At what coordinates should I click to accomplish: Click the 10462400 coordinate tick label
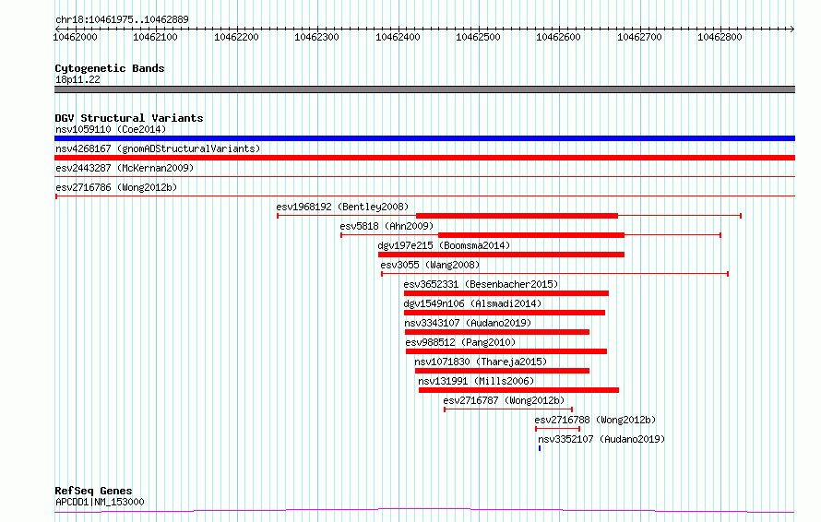pos(398,37)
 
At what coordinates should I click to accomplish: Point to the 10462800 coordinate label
pos(720,37)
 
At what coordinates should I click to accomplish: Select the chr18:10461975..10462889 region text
pos(122,20)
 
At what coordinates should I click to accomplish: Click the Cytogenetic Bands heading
pos(110,68)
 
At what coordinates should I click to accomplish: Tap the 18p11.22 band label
pos(77,79)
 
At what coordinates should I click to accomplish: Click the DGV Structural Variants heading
pos(129,118)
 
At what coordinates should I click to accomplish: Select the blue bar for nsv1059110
pos(424,138)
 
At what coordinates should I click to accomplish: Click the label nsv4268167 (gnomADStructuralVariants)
pos(158,148)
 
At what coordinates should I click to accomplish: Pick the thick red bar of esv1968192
pos(517,216)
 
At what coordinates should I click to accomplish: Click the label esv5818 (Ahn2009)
pos(387,226)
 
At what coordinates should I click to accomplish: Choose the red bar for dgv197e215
pos(501,255)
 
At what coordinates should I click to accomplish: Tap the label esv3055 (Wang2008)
pos(430,265)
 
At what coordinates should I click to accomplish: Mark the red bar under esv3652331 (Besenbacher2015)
pos(506,293)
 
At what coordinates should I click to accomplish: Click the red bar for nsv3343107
pos(497,332)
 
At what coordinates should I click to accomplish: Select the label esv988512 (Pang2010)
pos(460,342)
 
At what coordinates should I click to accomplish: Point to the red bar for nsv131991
pos(518,390)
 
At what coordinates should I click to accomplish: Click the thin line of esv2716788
pos(557,429)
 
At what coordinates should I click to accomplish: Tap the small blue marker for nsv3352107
pos(540,448)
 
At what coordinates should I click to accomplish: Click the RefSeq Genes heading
pos(93,491)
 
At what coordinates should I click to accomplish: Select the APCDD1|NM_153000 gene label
pos(100,502)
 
